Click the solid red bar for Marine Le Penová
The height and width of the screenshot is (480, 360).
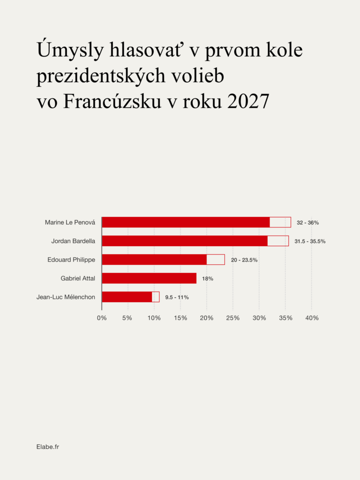(186, 222)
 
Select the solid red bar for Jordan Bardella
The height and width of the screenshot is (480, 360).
(185, 241)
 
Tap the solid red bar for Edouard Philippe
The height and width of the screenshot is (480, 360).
(154, 260)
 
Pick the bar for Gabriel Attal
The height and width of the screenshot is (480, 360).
(149, 278)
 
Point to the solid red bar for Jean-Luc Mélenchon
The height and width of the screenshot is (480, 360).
(127, 297)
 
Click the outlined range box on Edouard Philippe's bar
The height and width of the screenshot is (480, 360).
(216, 260)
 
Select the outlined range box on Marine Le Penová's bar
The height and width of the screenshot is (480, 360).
(280, 222)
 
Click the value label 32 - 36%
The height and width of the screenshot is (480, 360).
(307, 223)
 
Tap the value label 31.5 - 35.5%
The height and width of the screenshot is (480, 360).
(310, 241)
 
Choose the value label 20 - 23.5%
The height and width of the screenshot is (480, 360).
(244, 260)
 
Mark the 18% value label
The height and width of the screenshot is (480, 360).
(208, 279)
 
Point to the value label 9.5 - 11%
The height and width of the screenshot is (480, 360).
(177, 297)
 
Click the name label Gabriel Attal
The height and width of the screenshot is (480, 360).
(78, 278)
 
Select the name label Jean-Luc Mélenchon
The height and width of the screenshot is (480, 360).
(66, 297)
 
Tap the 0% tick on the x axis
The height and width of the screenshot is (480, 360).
(102, 318)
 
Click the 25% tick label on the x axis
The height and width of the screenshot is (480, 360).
(233, 318)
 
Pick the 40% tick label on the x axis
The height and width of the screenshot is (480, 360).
(312, 318)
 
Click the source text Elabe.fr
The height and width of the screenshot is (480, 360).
(48, 447)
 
